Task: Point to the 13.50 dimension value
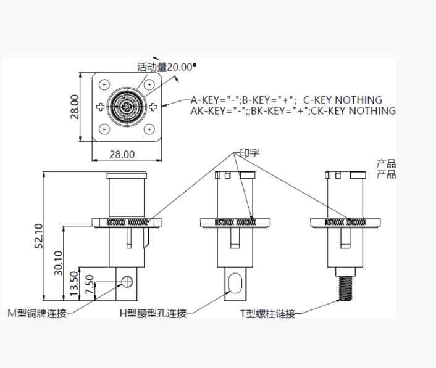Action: coord(75,282)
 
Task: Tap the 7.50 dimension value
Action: coord(90,285)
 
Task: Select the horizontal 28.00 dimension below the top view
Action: coord(121,153)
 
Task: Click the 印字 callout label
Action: coord(249,152)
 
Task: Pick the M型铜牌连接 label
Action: coord(36,313)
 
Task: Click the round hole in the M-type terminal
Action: coord(127,282)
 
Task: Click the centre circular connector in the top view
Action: coord(127,107)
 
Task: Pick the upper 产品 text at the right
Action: coord(386,164)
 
